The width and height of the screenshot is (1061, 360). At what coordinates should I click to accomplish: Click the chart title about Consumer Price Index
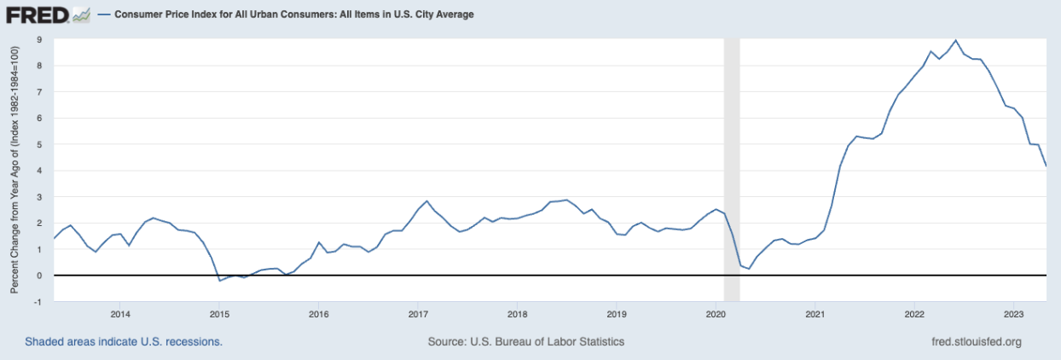pos(294,15)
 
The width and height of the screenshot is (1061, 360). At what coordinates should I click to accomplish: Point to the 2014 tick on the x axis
pos(119,311)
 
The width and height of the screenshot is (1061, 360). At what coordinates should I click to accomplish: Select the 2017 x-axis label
pos(417,311)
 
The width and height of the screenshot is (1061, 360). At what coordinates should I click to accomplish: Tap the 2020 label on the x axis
pos(715,311)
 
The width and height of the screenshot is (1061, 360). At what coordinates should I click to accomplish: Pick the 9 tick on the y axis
pos(39,39)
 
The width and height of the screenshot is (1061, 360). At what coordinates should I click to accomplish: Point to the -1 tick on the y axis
pos(38,302)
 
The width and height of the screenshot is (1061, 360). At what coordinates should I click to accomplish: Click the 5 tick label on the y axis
pos(39,144)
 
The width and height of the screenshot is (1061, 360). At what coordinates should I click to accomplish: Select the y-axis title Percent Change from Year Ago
pos(14,171)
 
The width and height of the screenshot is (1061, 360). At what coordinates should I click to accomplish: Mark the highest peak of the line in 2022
pos(955,40)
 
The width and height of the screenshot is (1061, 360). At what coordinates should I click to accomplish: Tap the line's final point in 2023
pos(1047,166)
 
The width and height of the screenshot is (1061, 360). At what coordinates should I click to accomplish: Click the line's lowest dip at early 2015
pos(219,280)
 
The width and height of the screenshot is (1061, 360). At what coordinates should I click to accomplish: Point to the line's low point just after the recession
pos(748,269)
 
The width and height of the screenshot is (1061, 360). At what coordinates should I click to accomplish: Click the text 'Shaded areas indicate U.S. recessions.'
pos(124,342)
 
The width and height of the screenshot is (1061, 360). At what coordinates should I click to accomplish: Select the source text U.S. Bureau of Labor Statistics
pos(526,342)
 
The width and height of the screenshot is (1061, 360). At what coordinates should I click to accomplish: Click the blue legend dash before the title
pos(103,15)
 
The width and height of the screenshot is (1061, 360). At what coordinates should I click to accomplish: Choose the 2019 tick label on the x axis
pos(616,311)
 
